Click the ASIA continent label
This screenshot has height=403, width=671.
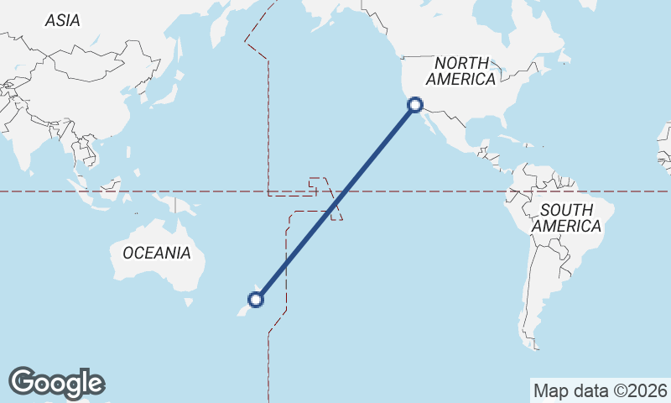pos(63,20)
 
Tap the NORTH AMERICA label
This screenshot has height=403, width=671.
pos(461,71)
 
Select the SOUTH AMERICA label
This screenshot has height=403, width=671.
pos(566,218)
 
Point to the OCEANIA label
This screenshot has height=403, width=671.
pos(157,253)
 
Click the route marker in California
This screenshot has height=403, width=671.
pos(415,105)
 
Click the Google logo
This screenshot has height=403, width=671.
pos(56,383)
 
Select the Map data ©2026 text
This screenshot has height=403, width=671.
pos(601,390)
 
